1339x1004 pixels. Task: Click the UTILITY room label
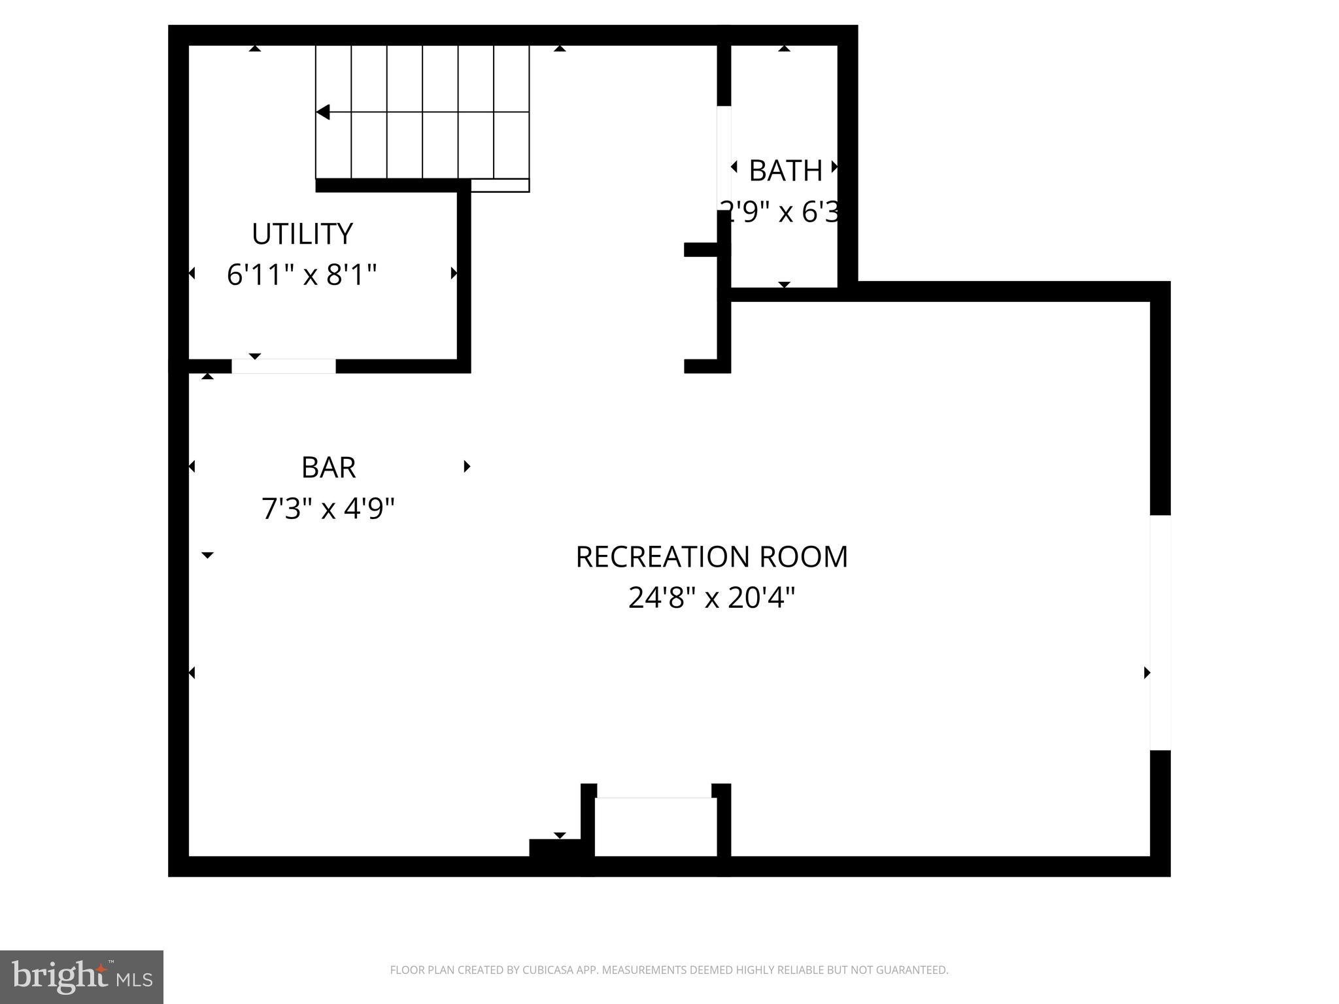[x=302, y=234]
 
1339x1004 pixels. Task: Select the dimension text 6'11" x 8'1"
[x=302, y=275]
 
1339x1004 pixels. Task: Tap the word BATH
[x=785, y=171]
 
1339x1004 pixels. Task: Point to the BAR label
[x=328, y=467]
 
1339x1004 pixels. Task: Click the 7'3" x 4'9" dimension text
[x=328, y=508]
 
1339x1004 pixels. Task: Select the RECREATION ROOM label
[x=711, y=557]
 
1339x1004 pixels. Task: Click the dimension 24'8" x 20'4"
[x=711, y=597]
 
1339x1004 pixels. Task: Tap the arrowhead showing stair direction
[x=322, y=112]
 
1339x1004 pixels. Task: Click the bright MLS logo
[x=82, y=977]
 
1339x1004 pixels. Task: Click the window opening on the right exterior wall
[x=1160, y=632]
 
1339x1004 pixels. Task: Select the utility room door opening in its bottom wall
[x=284, y=366]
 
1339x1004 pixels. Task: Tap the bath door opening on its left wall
[x=724, y=158]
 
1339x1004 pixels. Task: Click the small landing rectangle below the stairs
[x=500, y=186]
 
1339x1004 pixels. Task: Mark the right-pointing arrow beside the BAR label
[x=467, y=466]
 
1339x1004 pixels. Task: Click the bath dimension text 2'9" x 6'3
[x=779, y=211]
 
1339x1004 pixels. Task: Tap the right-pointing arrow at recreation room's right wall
[x=1147, y=672]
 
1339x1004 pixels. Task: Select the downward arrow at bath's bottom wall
[x=785, y=284]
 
